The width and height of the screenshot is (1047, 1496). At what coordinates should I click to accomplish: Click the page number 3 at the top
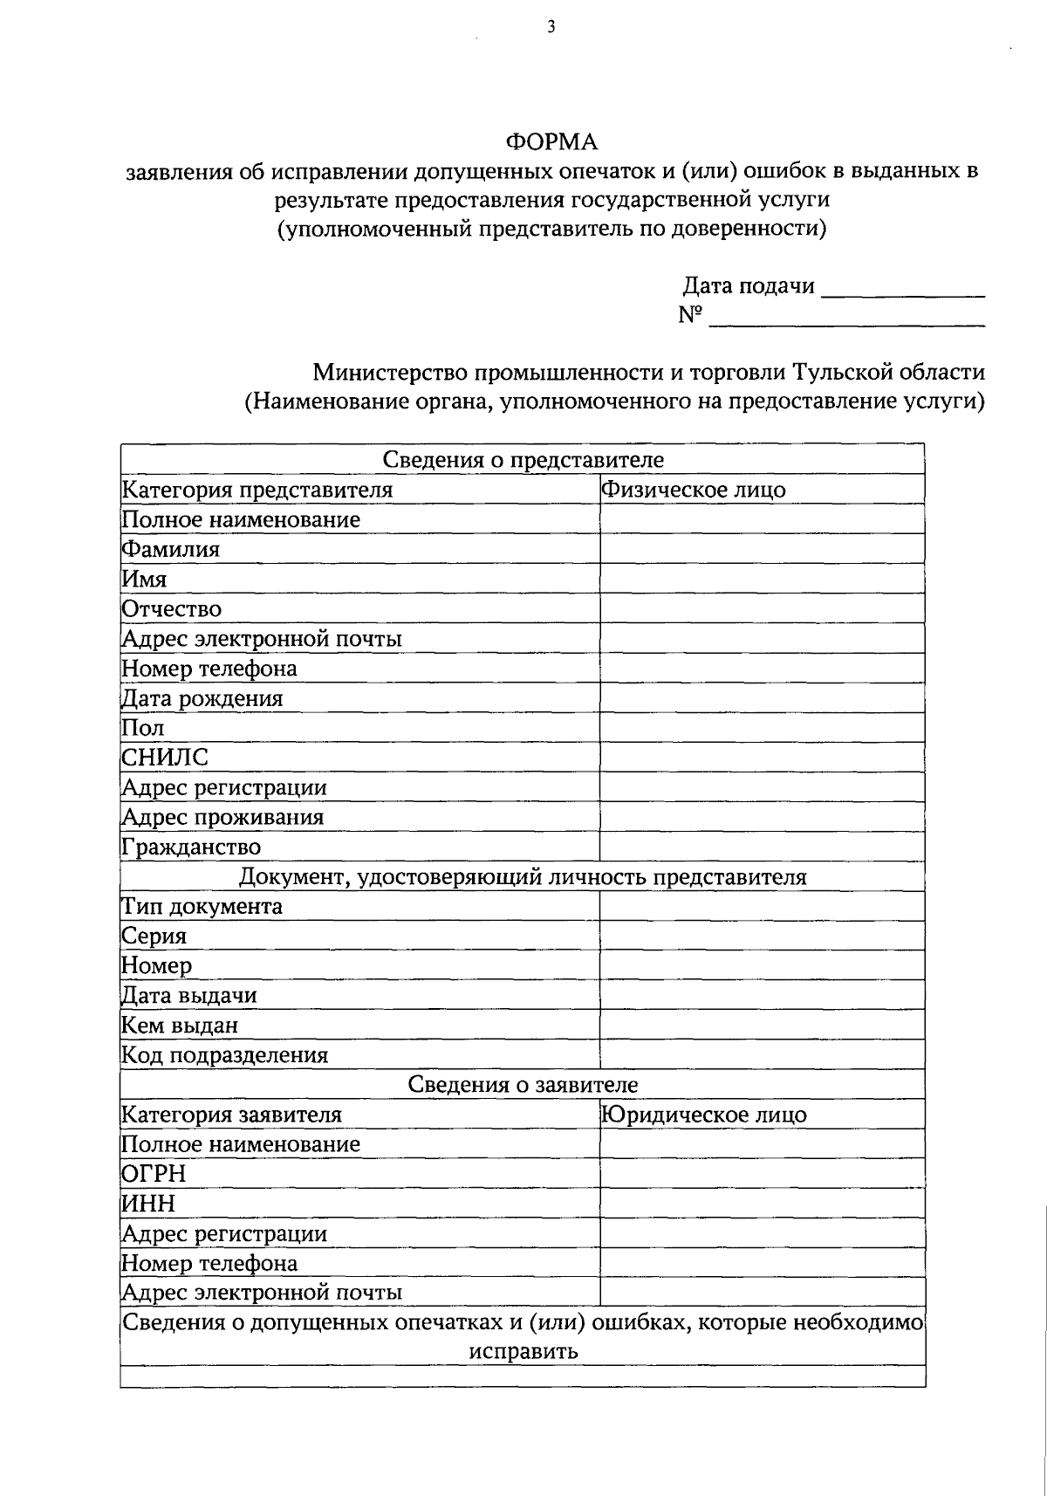551,27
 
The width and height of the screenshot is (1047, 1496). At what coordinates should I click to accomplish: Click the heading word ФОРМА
552,141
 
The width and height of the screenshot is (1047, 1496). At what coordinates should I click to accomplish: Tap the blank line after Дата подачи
903,290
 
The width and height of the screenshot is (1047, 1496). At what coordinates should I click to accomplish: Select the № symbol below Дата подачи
690,315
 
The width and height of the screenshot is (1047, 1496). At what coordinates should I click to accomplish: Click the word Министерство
391,373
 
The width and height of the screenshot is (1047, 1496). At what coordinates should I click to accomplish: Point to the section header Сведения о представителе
523,460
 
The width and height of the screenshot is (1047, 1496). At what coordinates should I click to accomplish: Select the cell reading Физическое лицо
694,490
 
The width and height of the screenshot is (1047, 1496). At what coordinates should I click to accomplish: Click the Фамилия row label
171,550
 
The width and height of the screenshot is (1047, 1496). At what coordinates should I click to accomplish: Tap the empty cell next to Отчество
762,608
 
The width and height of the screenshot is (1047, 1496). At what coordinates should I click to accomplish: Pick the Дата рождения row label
202,698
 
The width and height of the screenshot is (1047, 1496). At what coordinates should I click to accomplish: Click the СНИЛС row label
166,758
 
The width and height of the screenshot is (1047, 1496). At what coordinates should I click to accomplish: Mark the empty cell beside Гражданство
762,847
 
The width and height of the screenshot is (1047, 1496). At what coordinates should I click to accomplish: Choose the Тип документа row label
202,906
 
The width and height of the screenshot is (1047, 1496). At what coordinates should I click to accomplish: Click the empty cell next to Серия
762,936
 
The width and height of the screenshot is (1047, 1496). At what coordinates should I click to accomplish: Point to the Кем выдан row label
180,1026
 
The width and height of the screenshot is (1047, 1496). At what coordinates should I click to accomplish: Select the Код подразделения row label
225,1055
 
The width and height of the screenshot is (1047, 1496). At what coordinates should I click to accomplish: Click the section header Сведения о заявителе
523,1085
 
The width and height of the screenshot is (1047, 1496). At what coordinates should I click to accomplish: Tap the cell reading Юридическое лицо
704,1115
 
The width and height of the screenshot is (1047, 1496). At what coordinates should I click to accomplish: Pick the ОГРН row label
154,1174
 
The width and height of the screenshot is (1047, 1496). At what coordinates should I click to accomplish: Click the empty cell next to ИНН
762,1204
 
